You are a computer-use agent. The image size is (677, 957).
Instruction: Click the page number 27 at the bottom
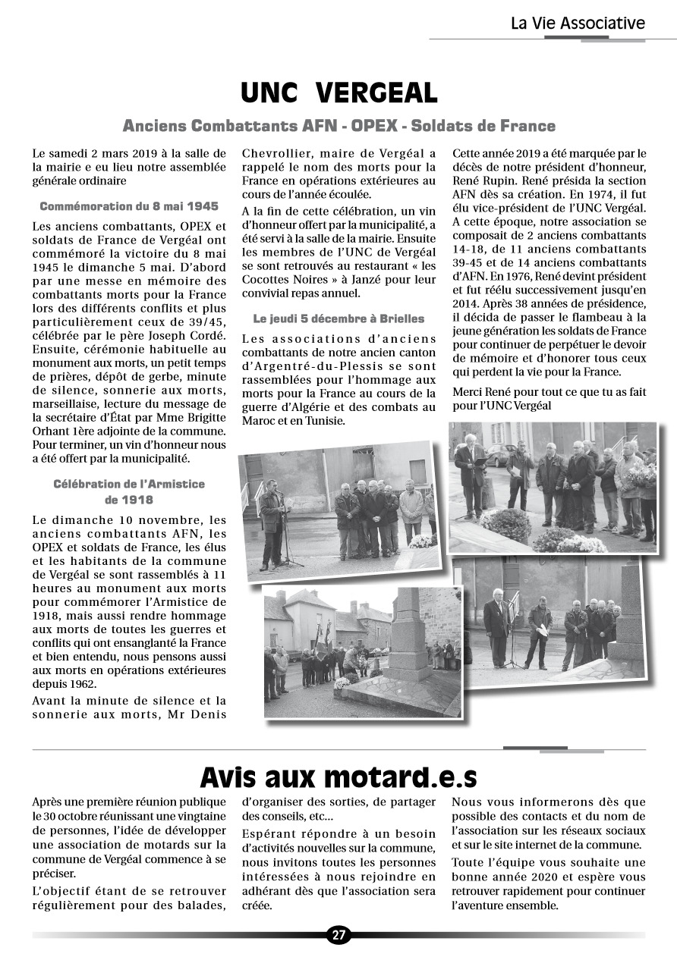pos(338,935)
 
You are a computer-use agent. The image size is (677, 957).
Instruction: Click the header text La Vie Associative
pos(578,24)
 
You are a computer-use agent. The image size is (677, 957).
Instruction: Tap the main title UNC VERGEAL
pos(338,93)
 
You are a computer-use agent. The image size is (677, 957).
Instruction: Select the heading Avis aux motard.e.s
pos(338,777)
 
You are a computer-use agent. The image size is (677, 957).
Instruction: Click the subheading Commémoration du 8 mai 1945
pos(129,206)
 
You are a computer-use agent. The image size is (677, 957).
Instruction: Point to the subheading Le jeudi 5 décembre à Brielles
pos(338,318)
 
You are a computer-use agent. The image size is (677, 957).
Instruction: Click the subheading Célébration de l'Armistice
pos(129,483)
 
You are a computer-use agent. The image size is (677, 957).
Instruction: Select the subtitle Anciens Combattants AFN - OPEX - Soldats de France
pos(338,126)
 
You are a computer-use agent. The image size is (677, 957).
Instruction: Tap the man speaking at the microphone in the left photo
pos(271,523)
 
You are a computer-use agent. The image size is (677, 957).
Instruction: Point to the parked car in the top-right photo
pos(499,455)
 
